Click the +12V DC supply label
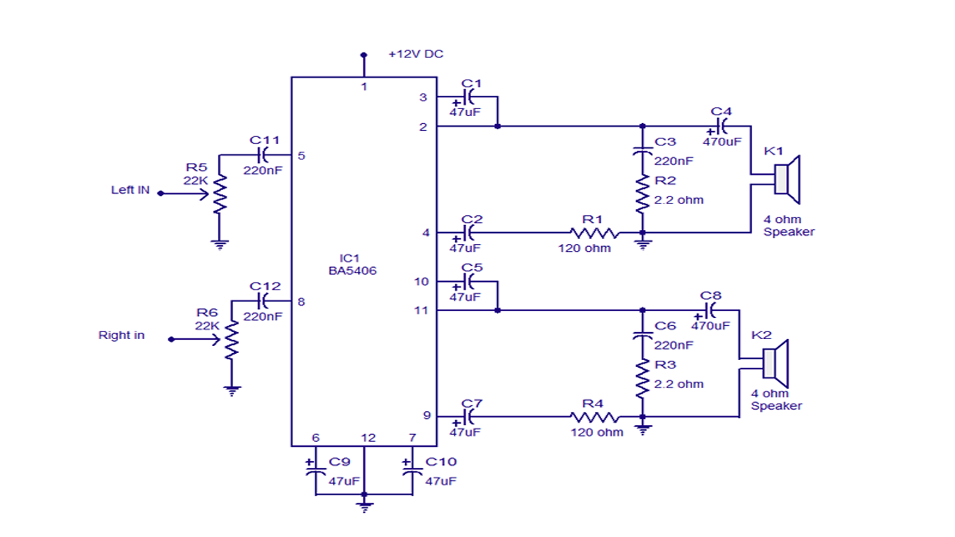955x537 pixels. point(416,54)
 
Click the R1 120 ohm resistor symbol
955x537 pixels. point(594,233)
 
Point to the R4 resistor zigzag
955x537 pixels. point(594,417)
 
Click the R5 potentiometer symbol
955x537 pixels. point(220,194)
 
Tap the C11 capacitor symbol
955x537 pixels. point(265,155)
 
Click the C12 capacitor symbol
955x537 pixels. point(265,301)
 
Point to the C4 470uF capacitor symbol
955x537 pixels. point(721,127)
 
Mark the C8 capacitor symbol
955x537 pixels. point(710,310)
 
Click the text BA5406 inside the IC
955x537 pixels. point(352,271)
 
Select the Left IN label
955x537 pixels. point(130,190)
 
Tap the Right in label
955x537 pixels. point(122,336)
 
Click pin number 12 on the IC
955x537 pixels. point(368,438)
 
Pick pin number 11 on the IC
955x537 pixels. point(421,310)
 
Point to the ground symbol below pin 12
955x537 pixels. point(363,506)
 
